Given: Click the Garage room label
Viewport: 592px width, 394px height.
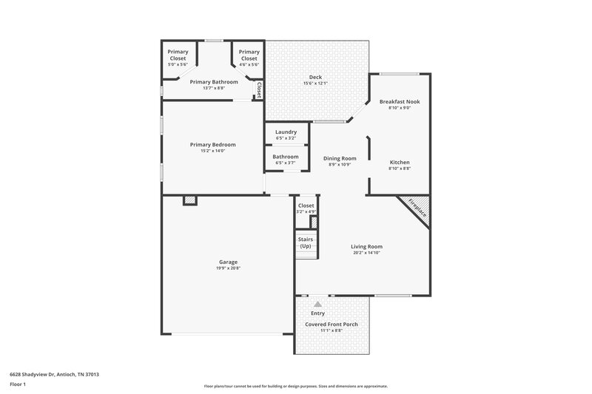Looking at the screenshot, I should pyautogui.click(x=228, y=261).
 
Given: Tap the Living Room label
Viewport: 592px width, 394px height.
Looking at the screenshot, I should pyautogui.click(x=367, y=246).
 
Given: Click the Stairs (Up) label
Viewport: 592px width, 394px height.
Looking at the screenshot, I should pyautogui.click(x=306, y=242).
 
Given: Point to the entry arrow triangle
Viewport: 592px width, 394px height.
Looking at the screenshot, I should pyautogui.click(x=317, y=303).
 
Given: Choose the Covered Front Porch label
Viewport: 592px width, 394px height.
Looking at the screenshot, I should pyautogui.click(x=331, y=324).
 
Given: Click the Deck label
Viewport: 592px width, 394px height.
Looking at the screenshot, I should pyautogui.click(x=315, y=78).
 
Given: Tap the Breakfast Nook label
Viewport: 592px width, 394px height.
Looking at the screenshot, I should pyautogui.click(x=399, y=101).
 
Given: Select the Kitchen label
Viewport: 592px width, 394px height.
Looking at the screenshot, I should pyautogui.click(x=400, y=162).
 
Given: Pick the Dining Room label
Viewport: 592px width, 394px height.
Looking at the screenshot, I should pyautogui.click(x=339, y=158).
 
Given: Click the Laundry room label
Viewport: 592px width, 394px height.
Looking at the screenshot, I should pyautogui.click(x=286, y=132).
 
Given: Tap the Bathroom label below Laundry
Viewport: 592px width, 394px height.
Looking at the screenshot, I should pyautogui.click(x=286, y=157).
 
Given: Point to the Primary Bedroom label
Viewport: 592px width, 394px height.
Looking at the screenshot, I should pyautogui.click(x=212, y=144).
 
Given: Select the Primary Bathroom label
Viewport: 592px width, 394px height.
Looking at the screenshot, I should pyautogui.click(x=214, y=81).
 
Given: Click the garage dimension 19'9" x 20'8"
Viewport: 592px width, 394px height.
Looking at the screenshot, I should pyautogui.click(x=228, y=268).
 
